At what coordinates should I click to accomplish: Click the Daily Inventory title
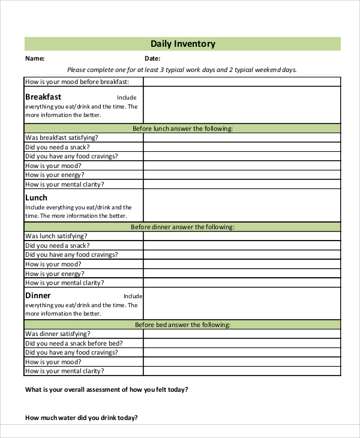click(x=182, y=44)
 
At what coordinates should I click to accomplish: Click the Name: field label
click(x=35, y=59)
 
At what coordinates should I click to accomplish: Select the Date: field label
click(x=152, y=59)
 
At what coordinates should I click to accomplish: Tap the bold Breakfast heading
click(x=43, y=97)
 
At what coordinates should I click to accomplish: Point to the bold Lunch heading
click(x=36, y=197)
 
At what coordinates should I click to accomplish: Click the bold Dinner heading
click(x=38, y=295)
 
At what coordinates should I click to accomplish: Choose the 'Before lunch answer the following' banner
click(x=182, y=128)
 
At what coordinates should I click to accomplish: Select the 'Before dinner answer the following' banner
click(x=182, y=227)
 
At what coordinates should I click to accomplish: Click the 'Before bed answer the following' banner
click(x=182, y=325)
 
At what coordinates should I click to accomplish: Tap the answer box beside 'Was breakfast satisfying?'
click(x=242, y=138)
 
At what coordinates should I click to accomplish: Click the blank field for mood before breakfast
click(x=242, y=82)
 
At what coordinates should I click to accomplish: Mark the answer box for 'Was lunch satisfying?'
click(x=242, y=236)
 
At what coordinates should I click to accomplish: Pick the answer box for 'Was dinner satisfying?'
click(x=242, y=334)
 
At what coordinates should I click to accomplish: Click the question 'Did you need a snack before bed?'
click(x=74, y=343)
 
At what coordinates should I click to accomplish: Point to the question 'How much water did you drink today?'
click(x=82, y=418)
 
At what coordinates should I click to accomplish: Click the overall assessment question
click(x=106, y=389)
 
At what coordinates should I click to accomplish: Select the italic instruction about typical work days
click(x=182, y=70)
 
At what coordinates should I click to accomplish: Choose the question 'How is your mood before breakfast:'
click(x=76, y=82)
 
